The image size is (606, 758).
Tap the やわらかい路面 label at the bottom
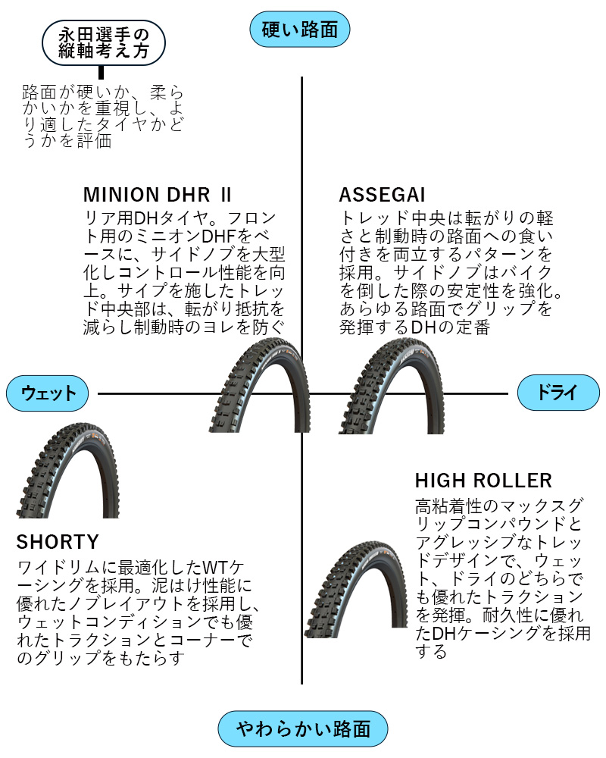[x=303, y=729]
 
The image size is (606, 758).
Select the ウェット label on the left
[x=48, y=393]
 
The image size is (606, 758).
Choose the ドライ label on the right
[x=558, y=393]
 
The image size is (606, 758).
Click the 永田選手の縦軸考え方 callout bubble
[x=104, y=44]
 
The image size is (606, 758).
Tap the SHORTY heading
[x=58, y=542]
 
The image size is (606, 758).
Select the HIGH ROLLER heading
[x=483, y=481]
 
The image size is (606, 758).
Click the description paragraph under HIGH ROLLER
[x=499, y=578]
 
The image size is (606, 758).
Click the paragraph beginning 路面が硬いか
[x=103, y=116]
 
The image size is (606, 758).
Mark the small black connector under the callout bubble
[x=102, y=74]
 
